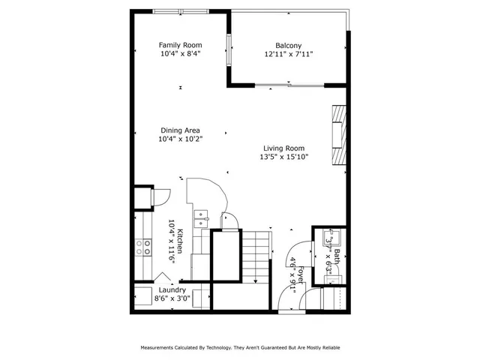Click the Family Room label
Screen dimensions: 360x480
click(180, 45)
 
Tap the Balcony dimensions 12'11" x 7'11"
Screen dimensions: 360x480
click(288, 55)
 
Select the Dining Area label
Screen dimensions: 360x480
click(180, 130)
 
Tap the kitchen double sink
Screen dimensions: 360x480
click(202, 218)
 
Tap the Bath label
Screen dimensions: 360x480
click(337, 256)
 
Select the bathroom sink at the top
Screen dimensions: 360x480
click(329, 240)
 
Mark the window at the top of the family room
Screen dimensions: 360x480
click(180, 11)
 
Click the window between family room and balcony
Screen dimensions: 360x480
click(229, 50)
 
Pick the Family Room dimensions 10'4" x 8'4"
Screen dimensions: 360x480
click(180, 55)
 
